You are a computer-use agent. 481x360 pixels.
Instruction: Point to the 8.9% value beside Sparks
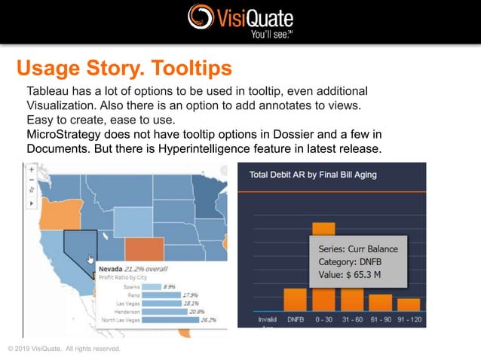169,286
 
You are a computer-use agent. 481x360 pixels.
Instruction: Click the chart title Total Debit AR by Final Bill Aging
312,175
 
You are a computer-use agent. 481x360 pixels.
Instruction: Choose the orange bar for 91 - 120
409,304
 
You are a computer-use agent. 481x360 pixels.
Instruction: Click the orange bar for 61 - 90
381,302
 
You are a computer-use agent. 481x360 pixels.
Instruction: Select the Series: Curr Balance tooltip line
358,249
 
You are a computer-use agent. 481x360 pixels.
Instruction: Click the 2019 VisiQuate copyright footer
63,348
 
